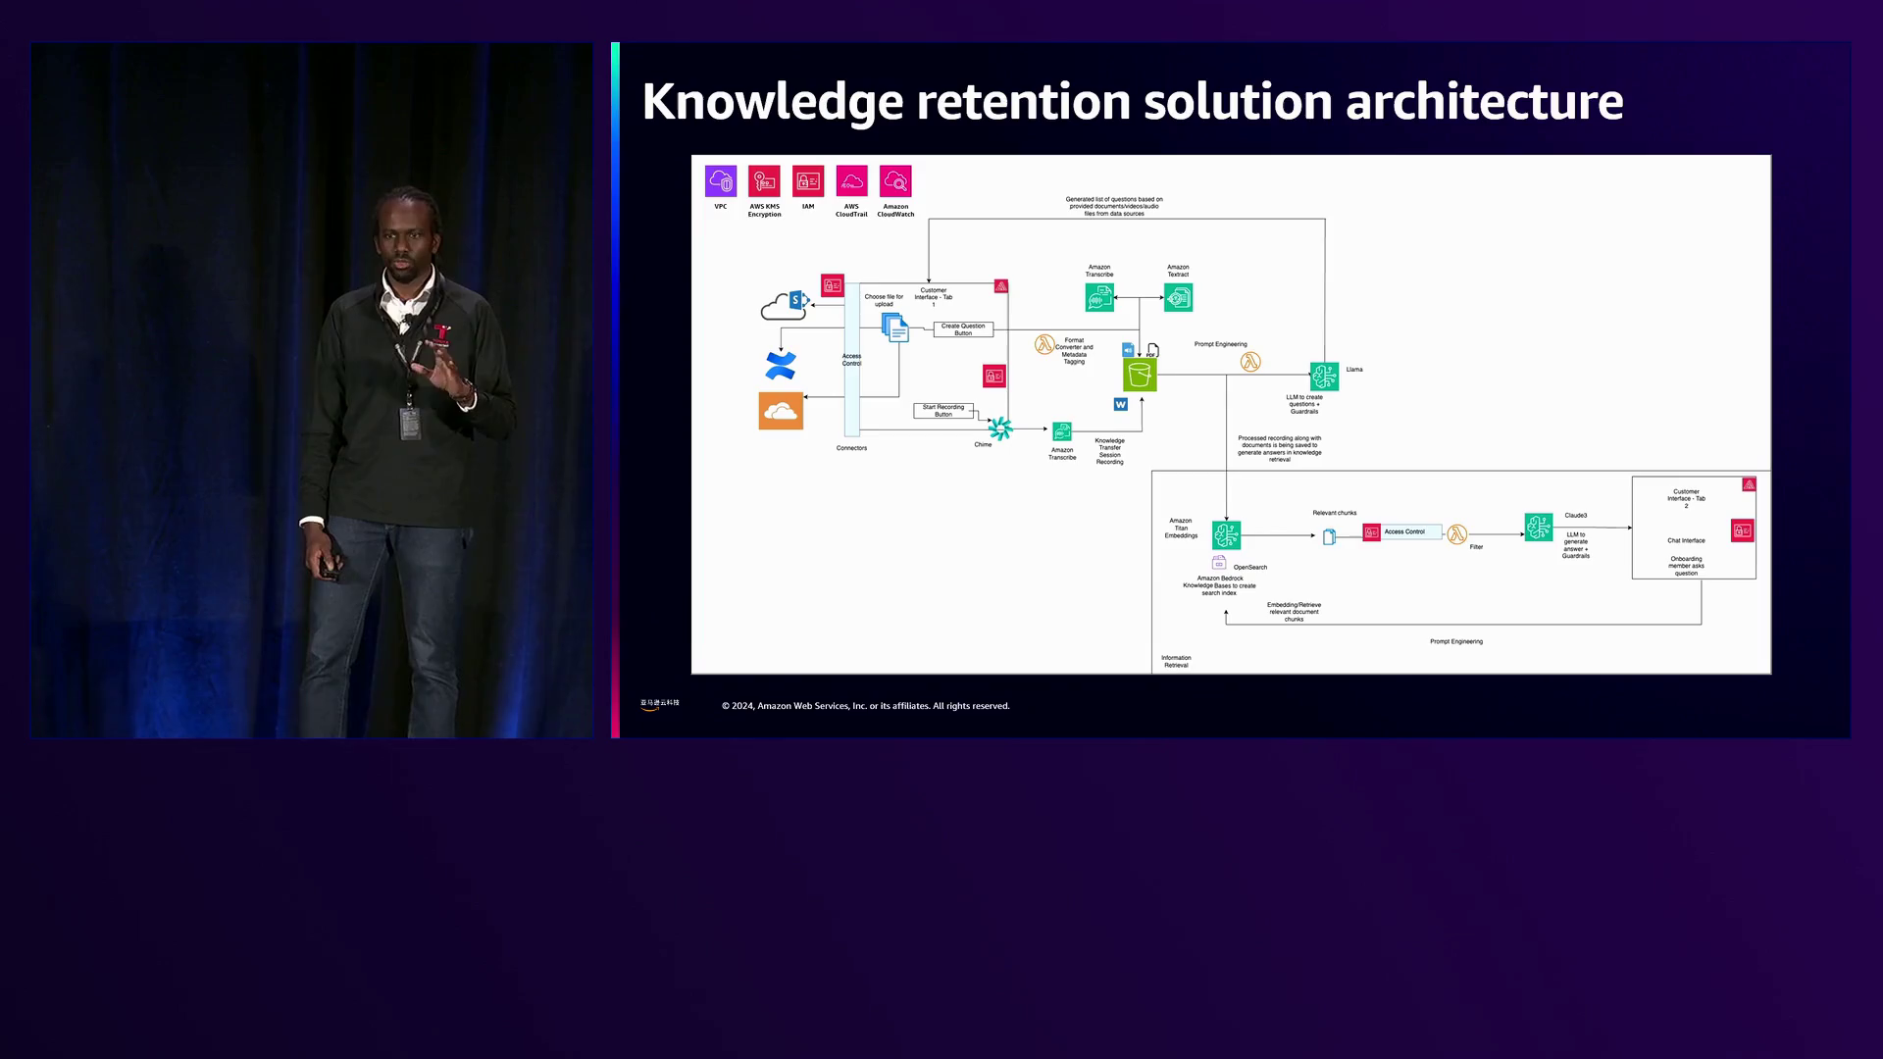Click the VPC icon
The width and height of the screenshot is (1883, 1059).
pyautogui.click(x=721, y=181)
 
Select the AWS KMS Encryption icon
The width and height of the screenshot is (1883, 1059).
pyautogui.click(x=764, y=181)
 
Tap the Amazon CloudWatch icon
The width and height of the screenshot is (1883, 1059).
pyautogui.click(x=895, y=181)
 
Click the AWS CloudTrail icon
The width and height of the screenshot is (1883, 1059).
pyautogui.click(x=851, y=181)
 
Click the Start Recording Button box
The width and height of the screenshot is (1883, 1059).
pyautogui.click(x=942, y=411)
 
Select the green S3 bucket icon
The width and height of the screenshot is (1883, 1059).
pyautogui.click(x=1140, y=375)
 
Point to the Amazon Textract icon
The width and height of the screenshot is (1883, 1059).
pyautogui.click(x=1178, y=297)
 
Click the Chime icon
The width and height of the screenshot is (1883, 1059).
pyautogui.click(x=999, y=429)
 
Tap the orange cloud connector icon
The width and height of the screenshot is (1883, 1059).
pyautogui.click(x=781, y=411)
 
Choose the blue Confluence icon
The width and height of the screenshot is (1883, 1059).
pyautogui.click(x=781, y=366)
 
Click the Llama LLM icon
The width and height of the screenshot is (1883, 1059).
pyautogui.click(x=1324, y=376)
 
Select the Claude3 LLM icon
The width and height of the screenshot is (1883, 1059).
pyautogui.click(x=1538, y=528)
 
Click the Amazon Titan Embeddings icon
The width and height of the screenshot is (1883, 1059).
pyautogui.click(x=1226, y=534)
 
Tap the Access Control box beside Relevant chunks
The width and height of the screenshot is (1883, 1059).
pyautogui.click(x=1404, y=532)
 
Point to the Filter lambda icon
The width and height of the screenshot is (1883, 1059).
pyautogui.click(x=1456, y=534)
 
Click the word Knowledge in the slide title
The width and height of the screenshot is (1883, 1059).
pyautogui.click(x=772, y=102)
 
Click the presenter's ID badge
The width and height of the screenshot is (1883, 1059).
pyautogui.click(x=410, y=423)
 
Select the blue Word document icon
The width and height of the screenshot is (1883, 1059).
pyautogui.click(x=1120, y=404)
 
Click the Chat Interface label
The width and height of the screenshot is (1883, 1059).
pyautogui.click(x=1686, y=540)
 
